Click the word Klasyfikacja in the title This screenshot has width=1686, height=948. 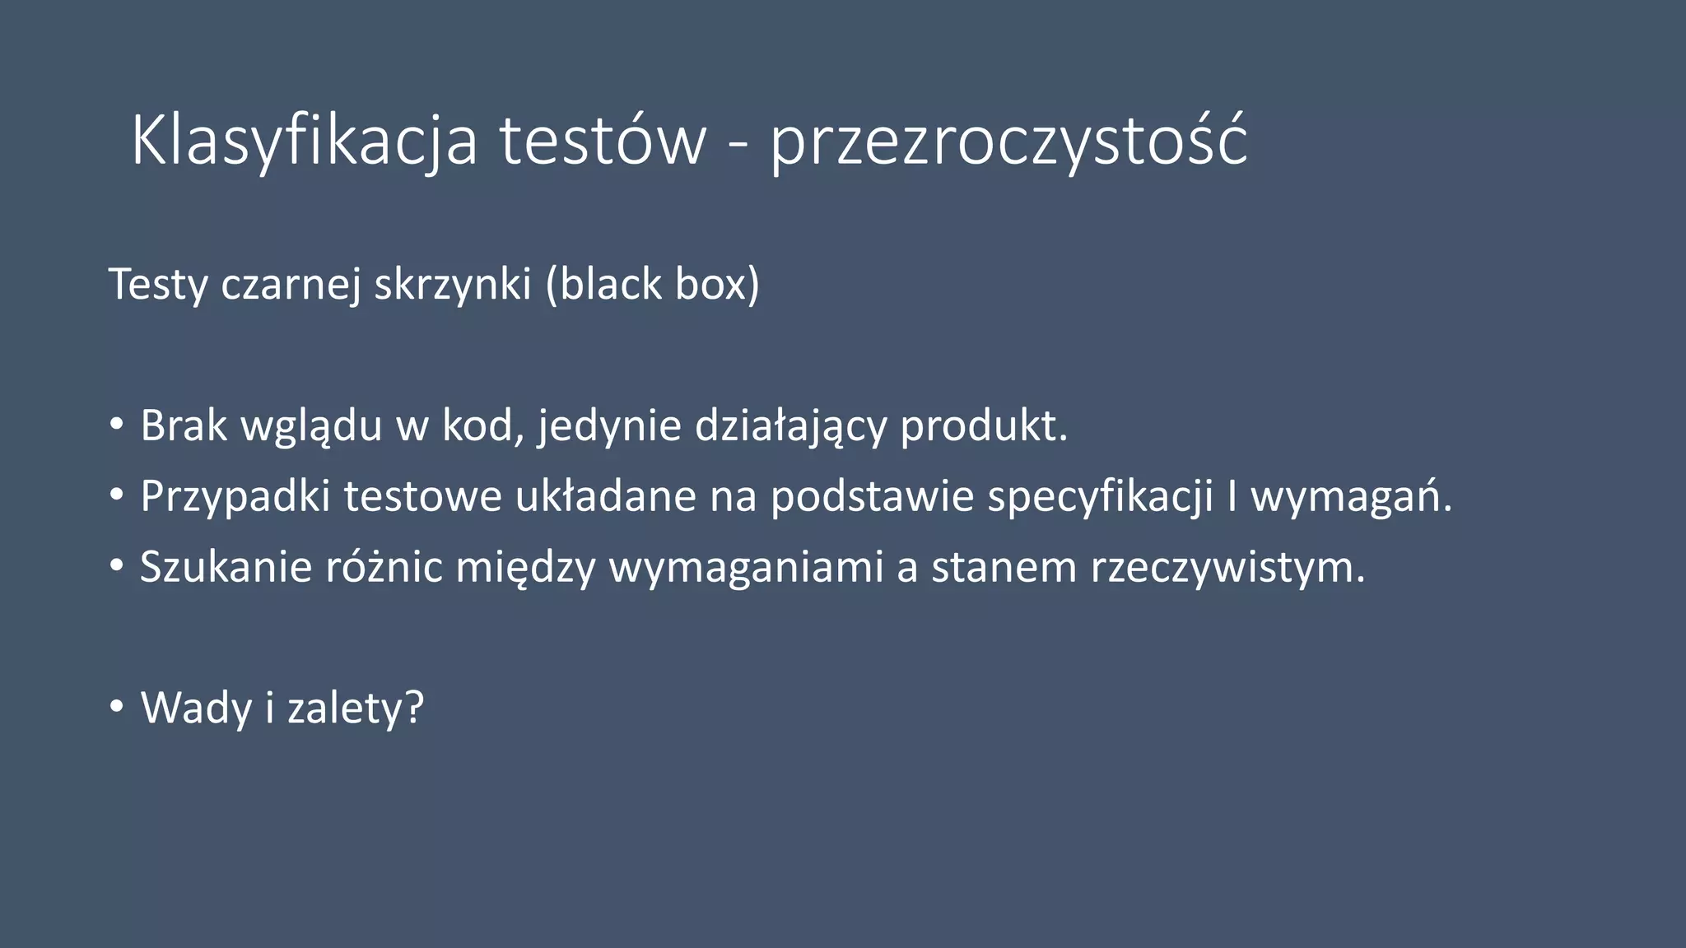[x=304, y=142]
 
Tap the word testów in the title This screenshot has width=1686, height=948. [x=603, y=142]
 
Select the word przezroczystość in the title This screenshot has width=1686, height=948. [x=1008, y=142]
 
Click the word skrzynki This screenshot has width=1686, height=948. [x=453, y=286]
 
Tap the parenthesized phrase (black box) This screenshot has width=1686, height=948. [x=652, y=286]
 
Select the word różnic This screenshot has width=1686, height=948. [x=384, y=567]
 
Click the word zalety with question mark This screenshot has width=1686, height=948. [x=356, y=708]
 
